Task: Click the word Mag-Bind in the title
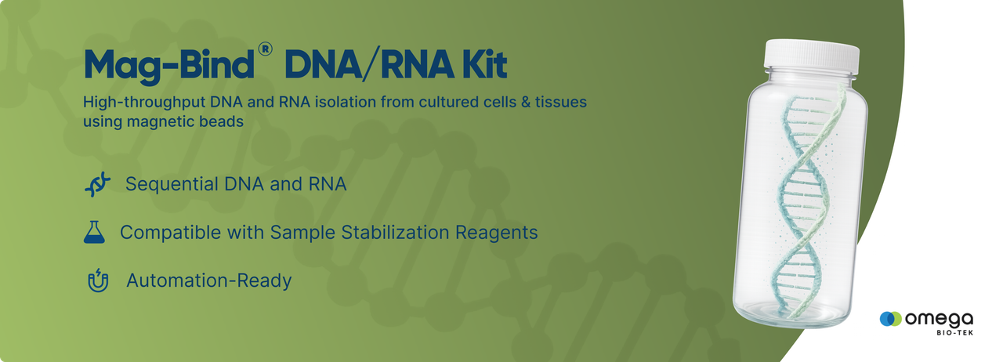coord(168,65)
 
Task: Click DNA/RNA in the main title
coord(368,64)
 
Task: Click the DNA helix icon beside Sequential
coord(97,184)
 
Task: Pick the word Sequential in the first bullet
coord(172,185)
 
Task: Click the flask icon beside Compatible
coord(94,232)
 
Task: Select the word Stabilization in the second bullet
coord(395,232)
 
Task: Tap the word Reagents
coord(496,233)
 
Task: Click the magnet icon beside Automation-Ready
coord(98,281)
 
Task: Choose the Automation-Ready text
coord(209,281)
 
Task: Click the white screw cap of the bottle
coord(812,56)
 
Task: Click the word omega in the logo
coord(939,319)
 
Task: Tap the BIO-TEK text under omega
coord(954,332)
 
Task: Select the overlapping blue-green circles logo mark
coord(891,319)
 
